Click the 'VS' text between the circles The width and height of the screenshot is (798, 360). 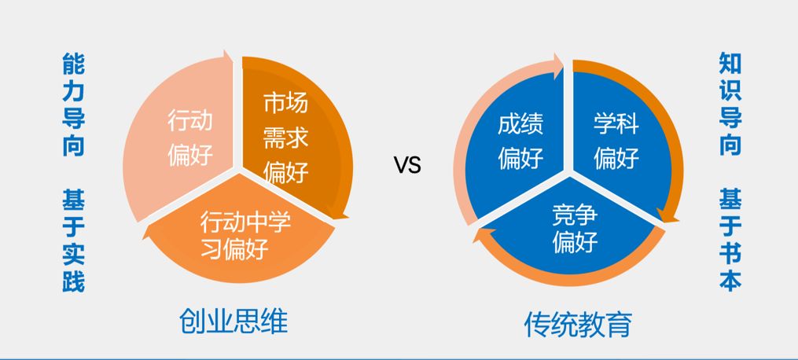click(x=407, y=165)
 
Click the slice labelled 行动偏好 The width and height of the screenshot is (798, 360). click(x=189, y=138)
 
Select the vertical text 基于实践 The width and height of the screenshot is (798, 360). click(x=73, y=243)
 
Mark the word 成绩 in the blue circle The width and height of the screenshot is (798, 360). click(x=520, y=125)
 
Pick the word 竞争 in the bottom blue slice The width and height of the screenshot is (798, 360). click(x=575, y=211)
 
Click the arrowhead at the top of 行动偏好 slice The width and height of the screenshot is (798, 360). click(x=228, y=58)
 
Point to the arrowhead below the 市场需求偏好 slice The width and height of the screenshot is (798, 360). click(x=341, y=213)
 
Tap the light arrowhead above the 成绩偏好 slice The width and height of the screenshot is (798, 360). click(x=558, y=65)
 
